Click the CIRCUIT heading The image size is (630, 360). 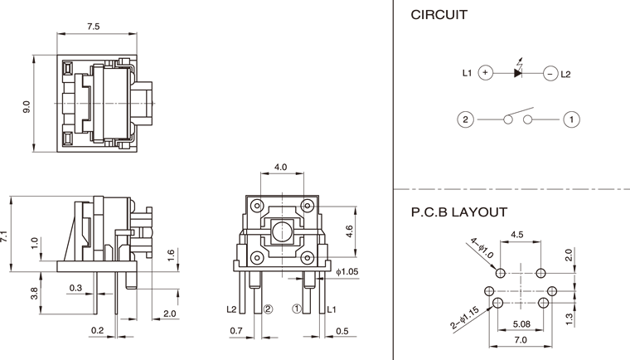tap(439, 14)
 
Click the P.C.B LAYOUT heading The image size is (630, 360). tap(459, 212)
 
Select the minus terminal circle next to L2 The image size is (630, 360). tap(550, 74)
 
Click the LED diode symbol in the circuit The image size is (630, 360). tap(517, 73)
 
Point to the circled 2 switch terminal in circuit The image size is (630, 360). tap(466, 119)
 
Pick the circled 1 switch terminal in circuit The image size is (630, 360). tap(571, 119)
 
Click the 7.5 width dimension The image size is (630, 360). tap(93, 27)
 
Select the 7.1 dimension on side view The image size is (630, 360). tap(5, 235)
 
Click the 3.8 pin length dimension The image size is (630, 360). tap(34, 292)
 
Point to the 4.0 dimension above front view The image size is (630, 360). tap(280, 167)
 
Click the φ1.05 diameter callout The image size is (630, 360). tap(348, 271)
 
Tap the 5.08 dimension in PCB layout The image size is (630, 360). tap(521, 324)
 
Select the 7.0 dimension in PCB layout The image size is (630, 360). tap(521, 340)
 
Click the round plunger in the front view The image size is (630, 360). tap(281, 231)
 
